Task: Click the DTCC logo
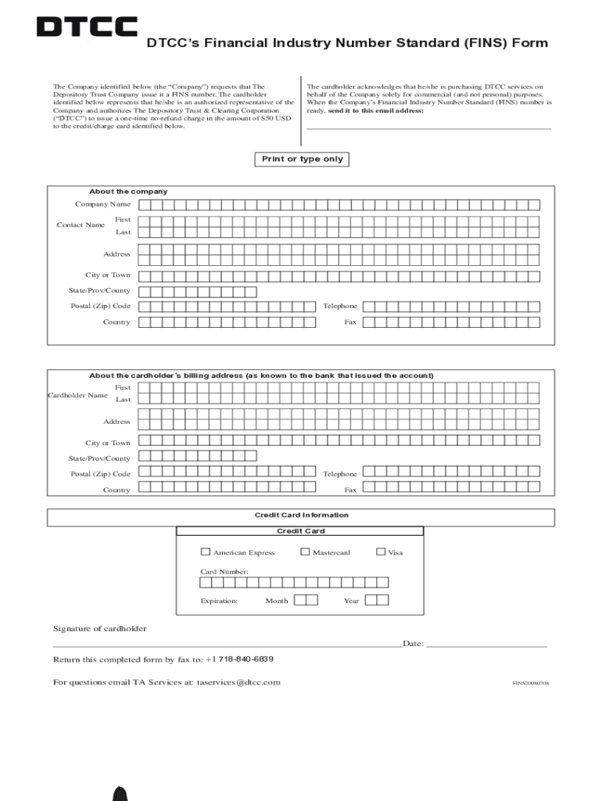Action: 87,27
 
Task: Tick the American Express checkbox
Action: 206,551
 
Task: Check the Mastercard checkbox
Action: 305,551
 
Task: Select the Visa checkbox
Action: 381,551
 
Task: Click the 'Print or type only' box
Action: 302,160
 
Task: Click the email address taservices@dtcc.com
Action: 238,682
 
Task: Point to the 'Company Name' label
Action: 102,204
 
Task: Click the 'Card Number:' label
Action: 224,572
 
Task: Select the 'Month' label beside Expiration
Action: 277,601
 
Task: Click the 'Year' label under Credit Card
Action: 351,601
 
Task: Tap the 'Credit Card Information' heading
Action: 301,515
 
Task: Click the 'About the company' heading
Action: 128,192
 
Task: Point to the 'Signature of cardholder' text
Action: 99,629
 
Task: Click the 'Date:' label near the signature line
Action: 413,644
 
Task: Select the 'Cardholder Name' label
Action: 77,395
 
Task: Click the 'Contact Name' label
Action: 81,225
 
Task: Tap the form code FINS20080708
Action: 530,684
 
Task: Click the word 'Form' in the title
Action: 529,43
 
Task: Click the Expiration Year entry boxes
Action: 377,600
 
